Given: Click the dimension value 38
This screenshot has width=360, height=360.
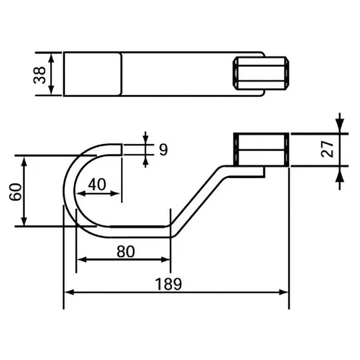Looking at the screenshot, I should pyautogui.click(x=40, y=74).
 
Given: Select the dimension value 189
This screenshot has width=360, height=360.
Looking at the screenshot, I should pyautogui.click(x=168, y=284).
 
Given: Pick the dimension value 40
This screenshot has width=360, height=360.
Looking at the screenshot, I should pyautogui.click(x=97, y=184).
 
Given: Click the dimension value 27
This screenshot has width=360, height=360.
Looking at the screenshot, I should pyautogui.click(x=328, y=149).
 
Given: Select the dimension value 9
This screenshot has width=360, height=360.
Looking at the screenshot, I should pyautogui.click(x=162, y=150).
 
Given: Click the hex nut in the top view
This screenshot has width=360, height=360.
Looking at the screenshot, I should pyautogui.click(x=261, y=73).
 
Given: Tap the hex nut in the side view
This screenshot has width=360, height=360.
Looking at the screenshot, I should pyautogui.click(x=261, y=150).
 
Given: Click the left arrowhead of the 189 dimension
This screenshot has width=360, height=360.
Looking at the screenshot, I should pyautogui.click(x=68, y=292).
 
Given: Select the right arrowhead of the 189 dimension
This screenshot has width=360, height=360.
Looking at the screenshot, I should pyautogui.click(x=284, y=292).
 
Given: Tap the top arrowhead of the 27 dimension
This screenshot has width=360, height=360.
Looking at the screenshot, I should pyautogui.click(x=340, y=129).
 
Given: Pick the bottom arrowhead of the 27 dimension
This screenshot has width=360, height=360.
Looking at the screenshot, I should pyautogui.click(x=340, y=171).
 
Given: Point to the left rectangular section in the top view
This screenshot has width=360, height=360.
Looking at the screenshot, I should pyautogui.click(x=92, y=74).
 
